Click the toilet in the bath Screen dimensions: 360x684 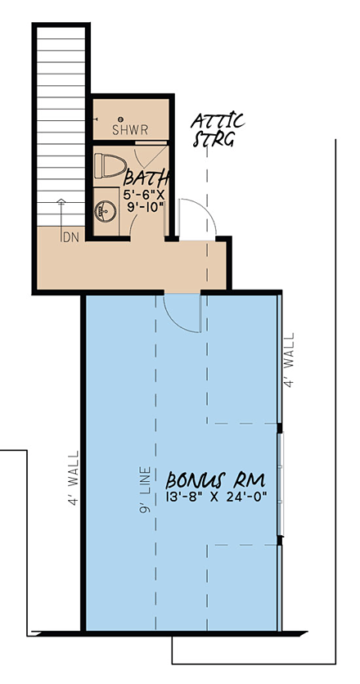pyautogui.click(x=110, y=165)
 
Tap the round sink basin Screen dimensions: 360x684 pyautogui.click(x=106, y=212)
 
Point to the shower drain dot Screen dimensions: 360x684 pyautogui.click(x=121, y=119)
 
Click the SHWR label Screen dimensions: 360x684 pyautogui.click(x=130, y=130)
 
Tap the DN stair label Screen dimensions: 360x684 pyautogui.click(x=70, y=238)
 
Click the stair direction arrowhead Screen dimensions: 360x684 pyautogui.click(x=61, y=201)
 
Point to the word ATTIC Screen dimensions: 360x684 pyautogui.click(x=218, y=121)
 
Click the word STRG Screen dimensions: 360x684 pyautogui.click(x=214, y=139)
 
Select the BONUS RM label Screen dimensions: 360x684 pyautogui.click(x=215, y=480)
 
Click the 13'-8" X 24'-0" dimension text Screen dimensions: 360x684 pyautogui.click(x=217, y=497)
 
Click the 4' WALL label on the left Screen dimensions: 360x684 pyautogui.click(x=74, y=478)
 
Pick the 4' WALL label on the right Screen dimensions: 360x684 pyautogui.click(x=289, y=360)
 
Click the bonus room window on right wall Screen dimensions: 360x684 pyautogui.click(x=281, y=484)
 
